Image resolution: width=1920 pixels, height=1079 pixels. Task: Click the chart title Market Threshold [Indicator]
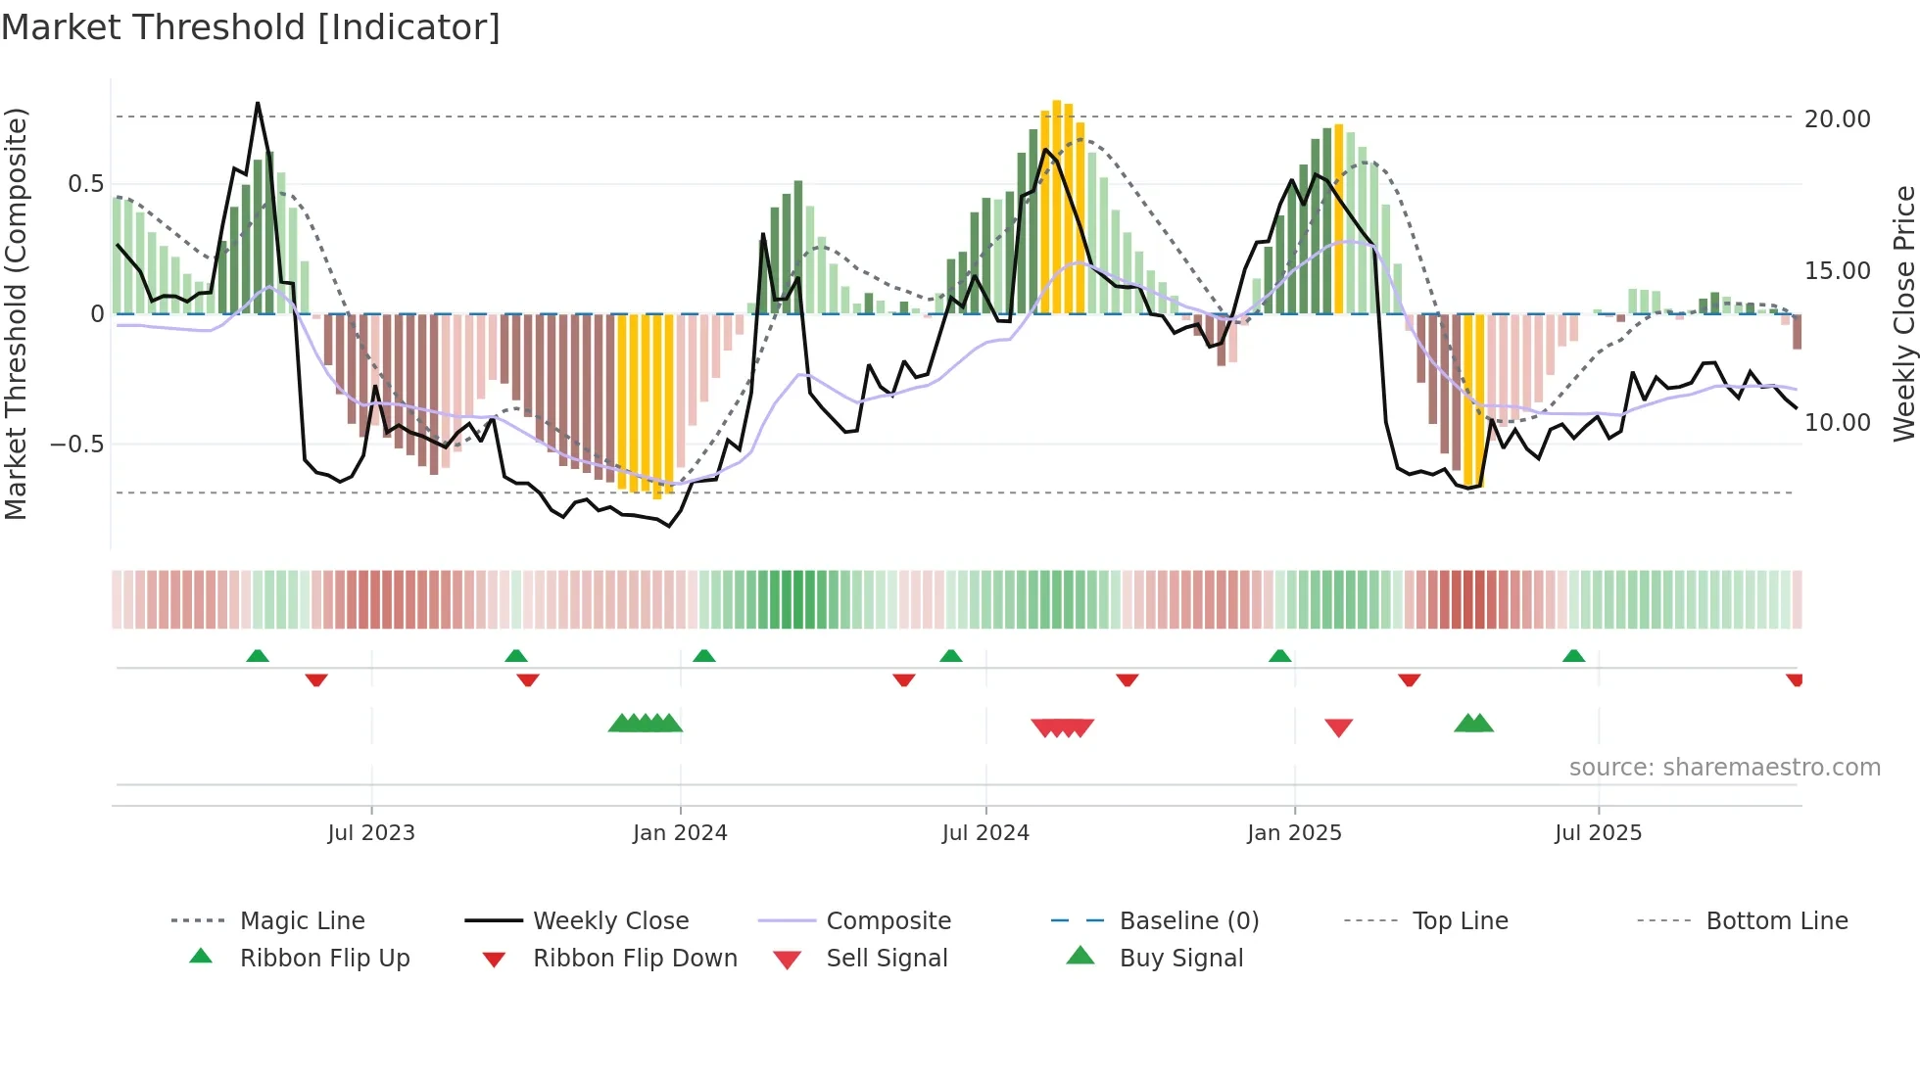pyautogui.click(x=251, y=27)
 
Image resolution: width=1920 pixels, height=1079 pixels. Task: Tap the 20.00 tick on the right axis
pyautogui.click(x=1837, y=118)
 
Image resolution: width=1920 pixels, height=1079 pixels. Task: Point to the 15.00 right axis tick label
pyautogui.click(x=1837, y=270)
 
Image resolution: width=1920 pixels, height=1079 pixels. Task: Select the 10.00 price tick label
pyautogui.click(x=1837, y=422)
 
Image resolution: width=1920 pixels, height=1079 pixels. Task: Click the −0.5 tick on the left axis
pyautogui.click(x=76, y=444)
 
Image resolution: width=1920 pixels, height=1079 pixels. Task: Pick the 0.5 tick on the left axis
pyautogui.click(x=85, y=183)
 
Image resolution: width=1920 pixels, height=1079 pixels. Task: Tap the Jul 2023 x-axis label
pyautogui.click(x=371, y=832)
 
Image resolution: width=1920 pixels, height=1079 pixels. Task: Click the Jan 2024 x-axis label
pyautogui.click(x=680, y=832)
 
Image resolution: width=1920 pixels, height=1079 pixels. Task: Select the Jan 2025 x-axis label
pyautogui.click(x=1294, y=832)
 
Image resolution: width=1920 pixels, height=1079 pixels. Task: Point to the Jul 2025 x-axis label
pyautogui.click(x=1598, y=832)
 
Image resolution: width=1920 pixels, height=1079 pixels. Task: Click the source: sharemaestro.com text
pyautogui.click(x=1724, y=767)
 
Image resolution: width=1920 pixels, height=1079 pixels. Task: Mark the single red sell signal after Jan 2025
pyautogui.click(x=1338, y=727)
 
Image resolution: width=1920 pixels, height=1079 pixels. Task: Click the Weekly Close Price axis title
pyautogui.click(x=1903, y=313)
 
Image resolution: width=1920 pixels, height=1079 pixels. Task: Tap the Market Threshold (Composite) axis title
pyautogui.click(x=16, y=313)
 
